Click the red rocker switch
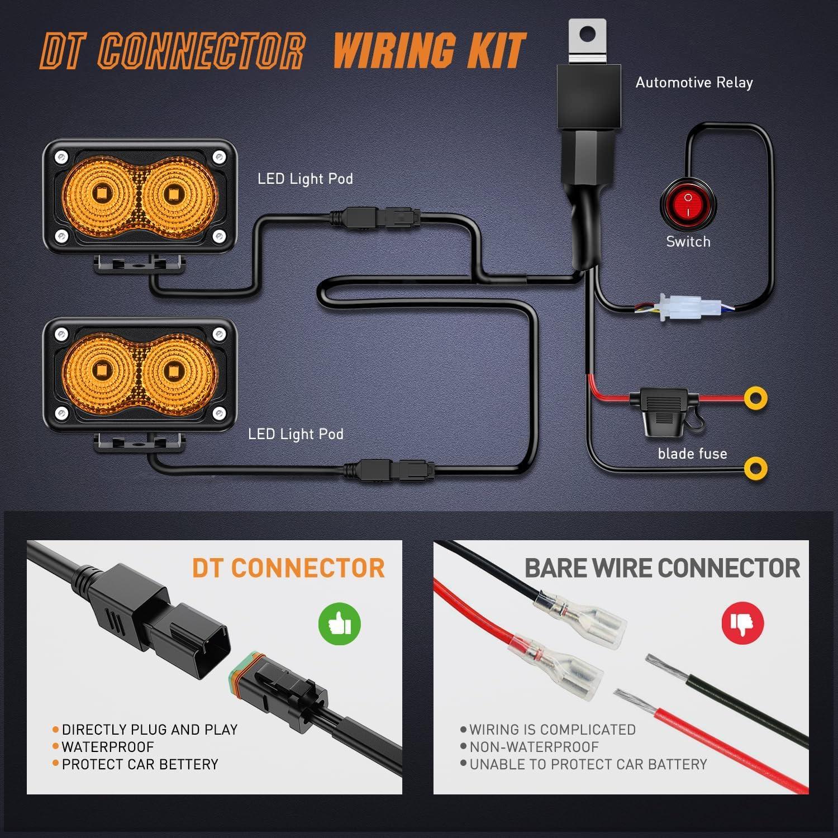click(x=688, y=205)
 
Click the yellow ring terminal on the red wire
click(x=755, y=398)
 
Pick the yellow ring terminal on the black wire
click(x=755, y=468)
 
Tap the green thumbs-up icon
click(x=339, y=623)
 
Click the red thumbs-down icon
click(x=742, y=622)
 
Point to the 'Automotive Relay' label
click(x=694, y=83)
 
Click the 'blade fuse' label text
click(x=692, y=454)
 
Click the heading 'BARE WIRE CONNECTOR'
click(x=661, y=568)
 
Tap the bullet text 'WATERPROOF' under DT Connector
click(x=107, y=747)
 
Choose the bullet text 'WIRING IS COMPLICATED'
click(x=552, y=730)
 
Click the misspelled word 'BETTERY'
click(x=186, y=764)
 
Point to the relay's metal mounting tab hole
click(x=585, y=35)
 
